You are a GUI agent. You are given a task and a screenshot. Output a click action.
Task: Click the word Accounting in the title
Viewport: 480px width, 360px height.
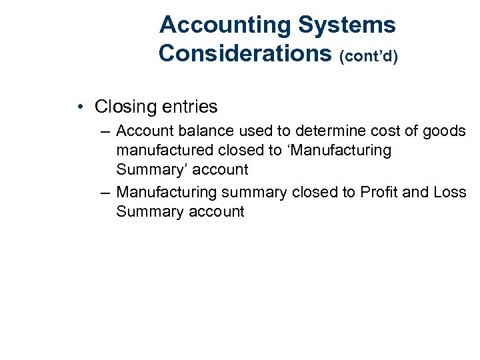coord(225,25)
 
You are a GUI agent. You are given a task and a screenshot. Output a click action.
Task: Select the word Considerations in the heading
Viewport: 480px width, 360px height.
coord(245,53)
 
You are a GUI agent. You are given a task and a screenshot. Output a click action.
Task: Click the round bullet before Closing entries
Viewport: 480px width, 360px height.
coord(79,107)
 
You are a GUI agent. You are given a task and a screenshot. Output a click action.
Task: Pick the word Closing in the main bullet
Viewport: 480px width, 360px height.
coord(123,107)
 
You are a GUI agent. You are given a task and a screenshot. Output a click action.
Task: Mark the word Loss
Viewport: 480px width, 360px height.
coord(449,193)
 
